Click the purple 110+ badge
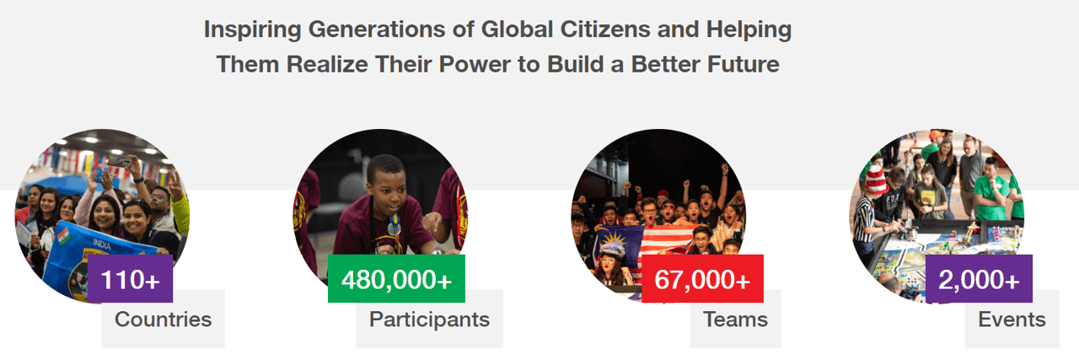130,278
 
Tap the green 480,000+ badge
396,278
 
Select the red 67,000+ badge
702,278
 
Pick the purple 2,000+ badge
979,278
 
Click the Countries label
164,319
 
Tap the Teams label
736,319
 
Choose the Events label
1012,319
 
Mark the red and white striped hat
876,180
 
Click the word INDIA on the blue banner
102,244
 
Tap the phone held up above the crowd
120,161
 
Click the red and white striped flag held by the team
669,239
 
